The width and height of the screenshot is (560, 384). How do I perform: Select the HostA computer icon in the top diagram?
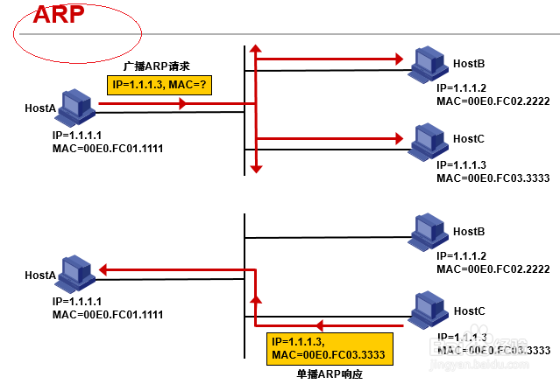(x=77, y=106)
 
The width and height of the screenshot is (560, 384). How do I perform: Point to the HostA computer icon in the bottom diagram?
(x=77, y=272)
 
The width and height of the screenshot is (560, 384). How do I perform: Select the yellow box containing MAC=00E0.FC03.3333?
(x=329, y=348)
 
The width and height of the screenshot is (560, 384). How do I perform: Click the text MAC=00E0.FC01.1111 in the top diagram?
(x=108, y=149)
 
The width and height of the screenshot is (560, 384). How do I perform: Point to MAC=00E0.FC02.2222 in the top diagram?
(x=493, y=101)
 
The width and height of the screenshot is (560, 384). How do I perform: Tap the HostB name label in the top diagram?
(x=470, y=64)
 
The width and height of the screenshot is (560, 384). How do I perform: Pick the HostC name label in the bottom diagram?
(x=470, y=311)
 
